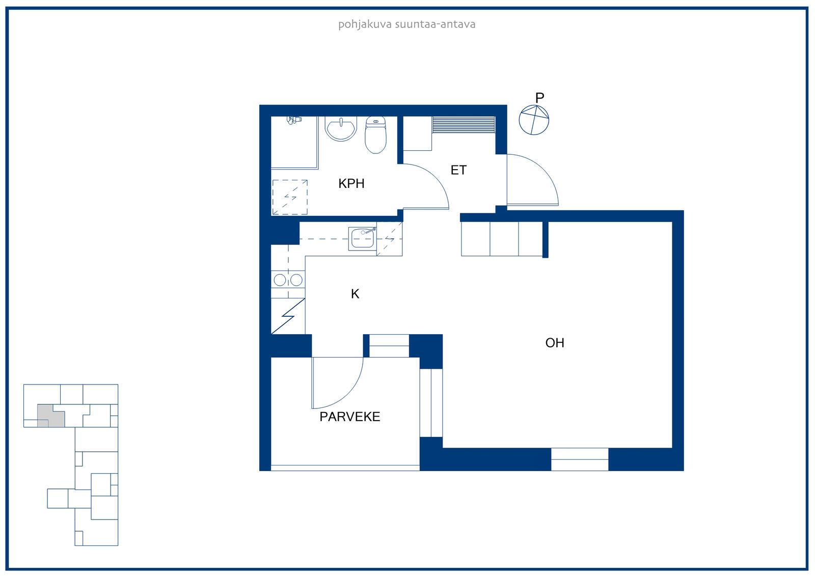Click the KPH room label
pyautogui.click(x=351, y=183)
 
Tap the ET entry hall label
pyautogui.click(x=458, y=170)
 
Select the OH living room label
pyautogui.click(x=555, y=343)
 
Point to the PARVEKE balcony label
pyautogui.click(x=349, y=417)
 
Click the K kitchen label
pyautogui.click(x=355, y=294)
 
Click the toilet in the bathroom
pyautogui.click(x=375, y=134)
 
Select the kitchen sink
pyautogui.click(x=362, y=239)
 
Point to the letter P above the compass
pyautogui.click(x=539, y=97)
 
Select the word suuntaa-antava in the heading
pyautogui.click(x=435, y=24)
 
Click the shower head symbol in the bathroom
pyautogui.click(x=294, y=120)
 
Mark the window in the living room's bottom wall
pyautogui.click(x=580, y=459)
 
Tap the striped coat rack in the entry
pyautogui.click(x=464, y=124)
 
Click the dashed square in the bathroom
pyautogui.click(x=290, y=197)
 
